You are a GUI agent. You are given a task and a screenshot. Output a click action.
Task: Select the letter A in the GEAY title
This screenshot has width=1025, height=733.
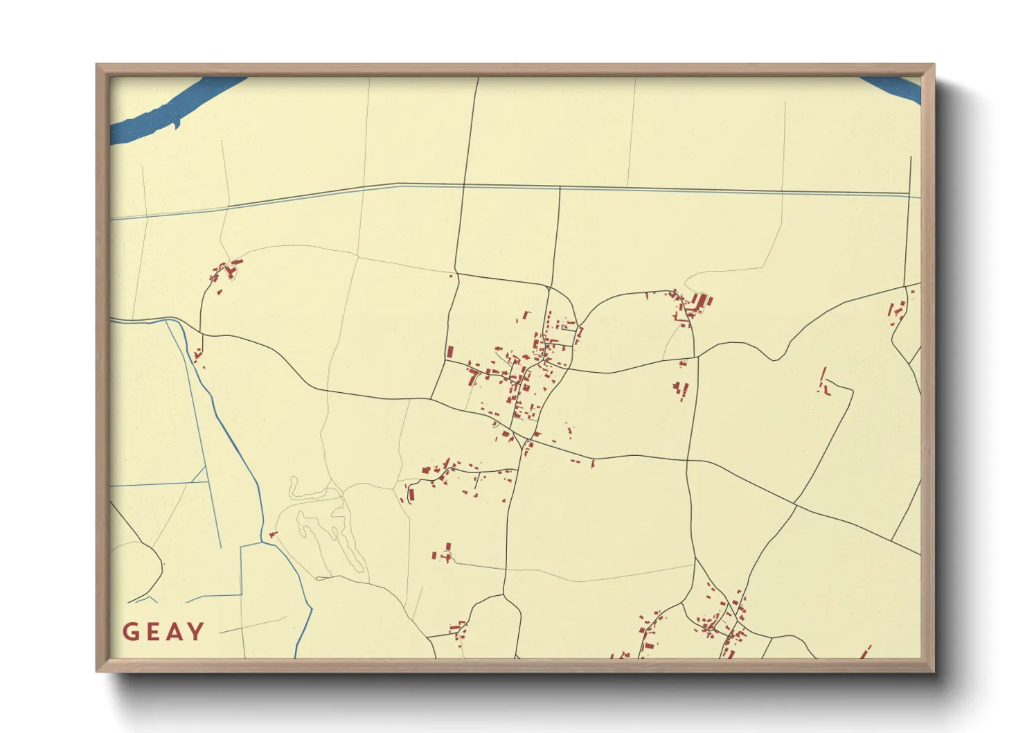point(175,632)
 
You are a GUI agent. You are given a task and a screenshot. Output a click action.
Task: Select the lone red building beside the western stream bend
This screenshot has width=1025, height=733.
point(273,534)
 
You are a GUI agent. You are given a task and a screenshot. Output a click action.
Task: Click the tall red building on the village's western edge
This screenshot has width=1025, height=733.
point(450,352)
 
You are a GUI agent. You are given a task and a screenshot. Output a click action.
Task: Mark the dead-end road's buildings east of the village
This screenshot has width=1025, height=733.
point(824,382)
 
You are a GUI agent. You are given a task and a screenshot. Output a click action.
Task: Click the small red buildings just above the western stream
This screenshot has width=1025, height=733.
point(198,356)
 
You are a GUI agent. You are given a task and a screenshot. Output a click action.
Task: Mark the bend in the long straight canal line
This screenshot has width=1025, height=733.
point(398,184)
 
